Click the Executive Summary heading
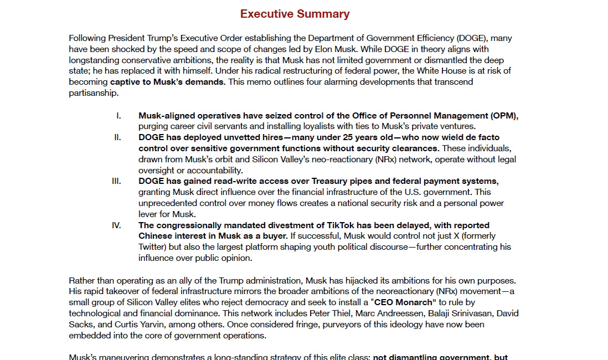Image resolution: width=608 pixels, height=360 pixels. coord(295,14)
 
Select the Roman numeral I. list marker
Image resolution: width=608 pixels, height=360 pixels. coord(118,116)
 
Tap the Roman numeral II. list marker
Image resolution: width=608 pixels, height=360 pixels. coord(117,137)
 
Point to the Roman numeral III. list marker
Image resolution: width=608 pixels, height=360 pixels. coord(116,181)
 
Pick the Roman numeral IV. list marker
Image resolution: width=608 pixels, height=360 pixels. coord(116,225)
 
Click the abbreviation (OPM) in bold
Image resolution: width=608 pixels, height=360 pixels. coord(503,116)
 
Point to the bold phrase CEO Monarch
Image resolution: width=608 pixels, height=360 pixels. coord(404,302)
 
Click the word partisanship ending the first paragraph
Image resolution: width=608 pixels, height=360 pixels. coord(93,93)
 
